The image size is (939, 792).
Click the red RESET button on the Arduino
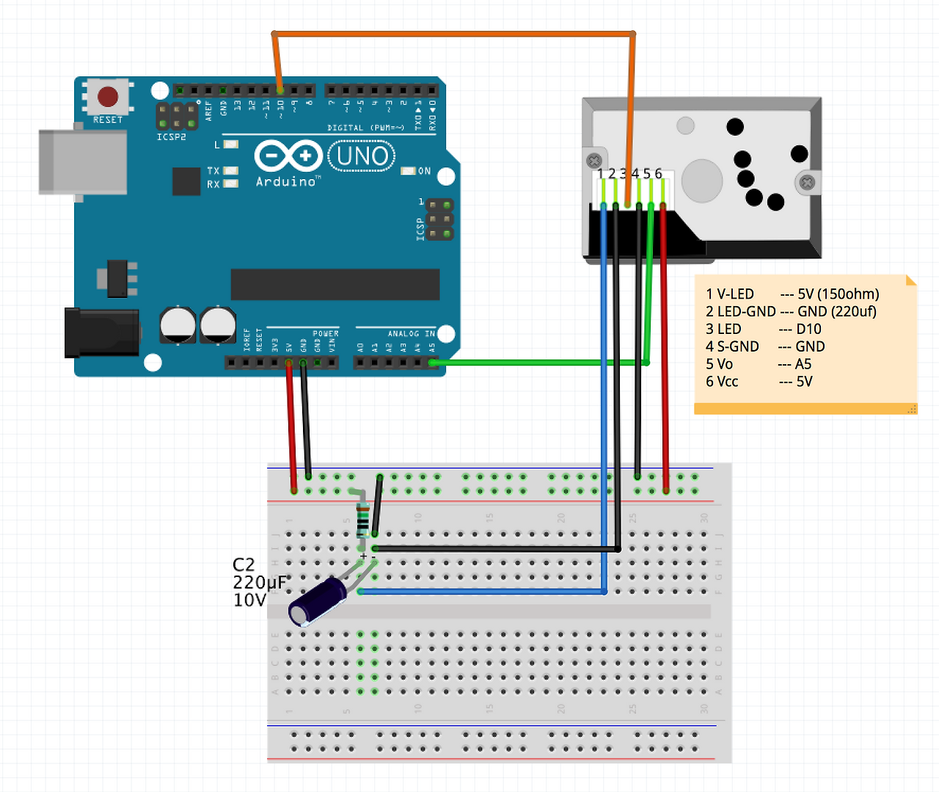point(108,96)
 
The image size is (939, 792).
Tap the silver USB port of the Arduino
point(82,162)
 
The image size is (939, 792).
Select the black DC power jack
point(103,333)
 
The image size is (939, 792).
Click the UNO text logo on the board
point(362,156)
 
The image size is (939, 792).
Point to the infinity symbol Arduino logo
point(288,156)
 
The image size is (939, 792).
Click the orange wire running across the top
point(455,33)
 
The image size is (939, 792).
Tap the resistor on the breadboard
point(362,520)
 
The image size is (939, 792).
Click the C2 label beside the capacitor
point(244,564)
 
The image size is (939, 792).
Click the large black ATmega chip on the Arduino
point(335,284)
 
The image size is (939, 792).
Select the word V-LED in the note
point(735,294)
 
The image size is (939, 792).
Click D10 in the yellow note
point(809,329)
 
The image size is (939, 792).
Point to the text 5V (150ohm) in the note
point(838,294)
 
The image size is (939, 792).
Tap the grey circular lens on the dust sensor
point(702,180)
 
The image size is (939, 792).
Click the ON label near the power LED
point(424,171)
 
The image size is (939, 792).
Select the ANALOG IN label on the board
point(411,334)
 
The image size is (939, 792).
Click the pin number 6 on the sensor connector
point(659,174)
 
